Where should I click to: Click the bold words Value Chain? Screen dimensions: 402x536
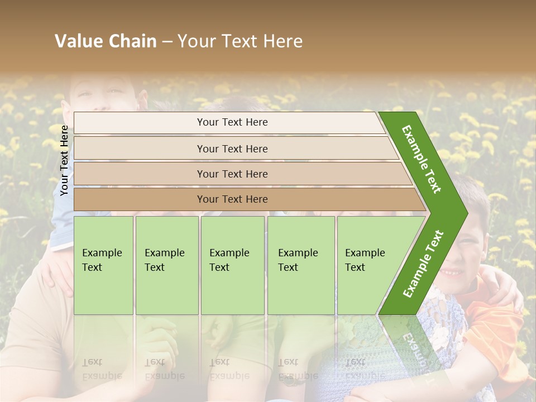[106, 41]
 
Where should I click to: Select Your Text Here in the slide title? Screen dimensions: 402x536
[240, 41]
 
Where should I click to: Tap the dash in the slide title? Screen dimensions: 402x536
[167, 42]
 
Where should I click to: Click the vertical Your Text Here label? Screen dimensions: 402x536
[64, 160]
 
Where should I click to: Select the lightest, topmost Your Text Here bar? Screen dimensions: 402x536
[232, 122]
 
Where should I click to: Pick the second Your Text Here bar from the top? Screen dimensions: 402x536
[232, 149]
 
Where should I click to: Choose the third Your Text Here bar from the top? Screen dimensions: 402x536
[232, 174]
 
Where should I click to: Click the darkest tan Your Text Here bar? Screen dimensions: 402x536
[232, 199]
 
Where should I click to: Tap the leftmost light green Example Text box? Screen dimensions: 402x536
[103, 265]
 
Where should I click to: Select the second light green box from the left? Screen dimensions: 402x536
[167, 265]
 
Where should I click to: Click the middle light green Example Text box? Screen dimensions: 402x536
[232, 265]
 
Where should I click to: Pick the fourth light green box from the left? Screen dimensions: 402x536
[301, 265]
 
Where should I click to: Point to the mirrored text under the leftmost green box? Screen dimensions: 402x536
[102, 369]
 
